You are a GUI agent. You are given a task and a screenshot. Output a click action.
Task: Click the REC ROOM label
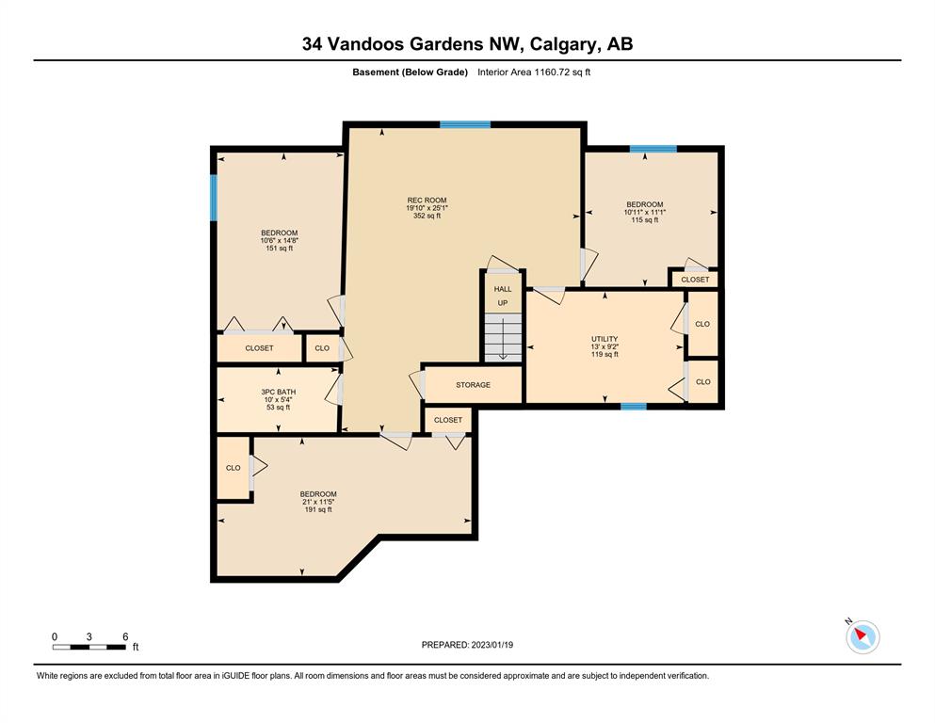(427, 201)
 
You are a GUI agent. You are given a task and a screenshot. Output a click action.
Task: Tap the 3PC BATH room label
(278, 393)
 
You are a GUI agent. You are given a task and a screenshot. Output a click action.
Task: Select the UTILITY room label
(605, 339)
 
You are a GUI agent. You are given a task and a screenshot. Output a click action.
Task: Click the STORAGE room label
(474, 385)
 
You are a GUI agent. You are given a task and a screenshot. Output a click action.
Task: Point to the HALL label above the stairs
(503, 289)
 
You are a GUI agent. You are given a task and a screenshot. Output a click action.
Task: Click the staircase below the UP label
(503, 337)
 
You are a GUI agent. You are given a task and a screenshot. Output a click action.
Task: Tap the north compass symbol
(862, 636)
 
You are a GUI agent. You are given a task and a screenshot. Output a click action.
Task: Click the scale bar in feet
(89, 647)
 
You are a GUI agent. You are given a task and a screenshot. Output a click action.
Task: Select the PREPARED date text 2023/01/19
(492, 645)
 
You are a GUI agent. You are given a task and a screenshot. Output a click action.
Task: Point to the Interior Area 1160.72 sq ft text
(534, 72)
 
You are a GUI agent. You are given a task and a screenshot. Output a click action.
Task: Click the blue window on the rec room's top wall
(465, 124)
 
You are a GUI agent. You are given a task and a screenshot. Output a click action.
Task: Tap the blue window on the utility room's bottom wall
(634, 407)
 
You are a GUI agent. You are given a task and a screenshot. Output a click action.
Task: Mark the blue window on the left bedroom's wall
(214, 198)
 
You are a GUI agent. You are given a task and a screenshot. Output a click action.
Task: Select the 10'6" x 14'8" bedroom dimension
(279, 241)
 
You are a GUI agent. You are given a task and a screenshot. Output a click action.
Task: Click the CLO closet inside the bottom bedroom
(234, 468)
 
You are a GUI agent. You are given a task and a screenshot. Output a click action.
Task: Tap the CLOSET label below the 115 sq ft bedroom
(695, 280)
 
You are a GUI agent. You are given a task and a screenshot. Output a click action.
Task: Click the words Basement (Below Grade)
(410, 72)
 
